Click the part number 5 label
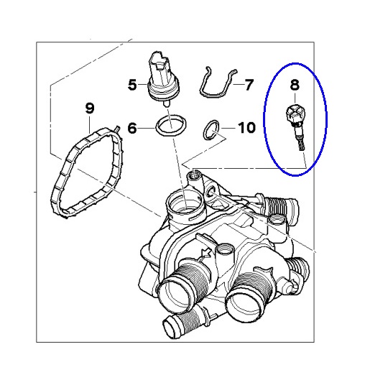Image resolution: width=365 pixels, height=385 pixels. click(132, 85)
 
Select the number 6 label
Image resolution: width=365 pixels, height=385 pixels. click(132, 128)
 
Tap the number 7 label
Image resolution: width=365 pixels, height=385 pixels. click(249, 85)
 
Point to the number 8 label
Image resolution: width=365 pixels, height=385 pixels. click(295, 85)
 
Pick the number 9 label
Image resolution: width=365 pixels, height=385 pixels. click(90, 108)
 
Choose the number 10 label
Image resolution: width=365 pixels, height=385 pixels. click(246, 128)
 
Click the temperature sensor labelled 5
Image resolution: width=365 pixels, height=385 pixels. click(163, 78)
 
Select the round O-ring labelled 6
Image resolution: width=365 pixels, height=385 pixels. click(171, 125)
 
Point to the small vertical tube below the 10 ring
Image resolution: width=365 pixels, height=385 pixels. click(195, 180)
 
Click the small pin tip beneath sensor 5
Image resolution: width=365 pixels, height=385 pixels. click(167, 103)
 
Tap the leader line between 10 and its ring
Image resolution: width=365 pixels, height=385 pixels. click(228, 128)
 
